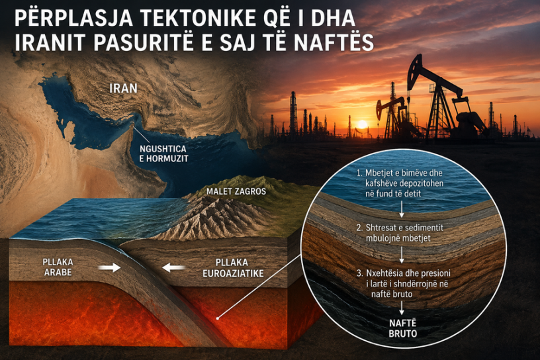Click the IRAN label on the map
point(123,88)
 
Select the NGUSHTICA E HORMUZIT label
point(163,154)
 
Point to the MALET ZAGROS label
point(236,191)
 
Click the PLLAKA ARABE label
point(58,267)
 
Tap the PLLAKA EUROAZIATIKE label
point(233,267)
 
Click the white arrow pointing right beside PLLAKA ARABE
point(109,267)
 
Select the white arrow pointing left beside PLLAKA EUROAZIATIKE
point(174,267)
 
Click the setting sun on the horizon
point(362,124)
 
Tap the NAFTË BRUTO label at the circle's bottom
point(402,328)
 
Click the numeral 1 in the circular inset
point(359,173)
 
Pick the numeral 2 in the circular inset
point(359,228)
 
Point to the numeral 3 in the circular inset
point(359,273)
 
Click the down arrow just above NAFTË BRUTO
point(402,308)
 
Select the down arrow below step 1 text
point(402,209)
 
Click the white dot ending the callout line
point(217,318)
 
